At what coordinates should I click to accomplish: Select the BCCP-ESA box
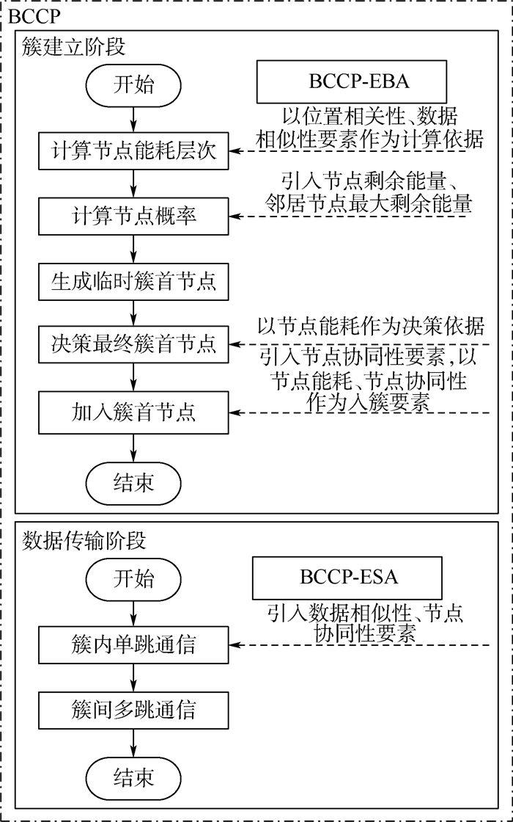(348, 577)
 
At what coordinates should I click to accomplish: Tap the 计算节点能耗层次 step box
(133, 151)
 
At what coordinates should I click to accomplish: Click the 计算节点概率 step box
(133, 217)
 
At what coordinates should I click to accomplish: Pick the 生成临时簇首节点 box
(133, 282)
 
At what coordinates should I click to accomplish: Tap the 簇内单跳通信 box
(133, 645)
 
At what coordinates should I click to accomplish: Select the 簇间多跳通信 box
(133, 710)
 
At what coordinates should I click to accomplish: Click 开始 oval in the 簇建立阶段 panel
(133, 85)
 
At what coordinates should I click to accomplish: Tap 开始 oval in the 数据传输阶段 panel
(133, 579)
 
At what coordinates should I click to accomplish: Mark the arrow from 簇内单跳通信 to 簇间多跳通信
(133, 677)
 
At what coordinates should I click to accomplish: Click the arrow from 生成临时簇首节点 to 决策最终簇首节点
(133, 313)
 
